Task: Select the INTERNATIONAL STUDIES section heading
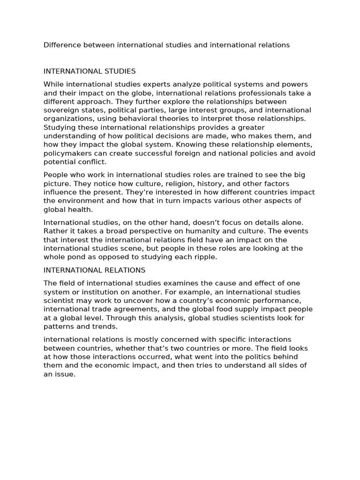pos(90,71)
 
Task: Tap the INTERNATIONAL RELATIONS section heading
pos(94,270)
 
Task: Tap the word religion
pos(150,184)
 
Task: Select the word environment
pos(77,201)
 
